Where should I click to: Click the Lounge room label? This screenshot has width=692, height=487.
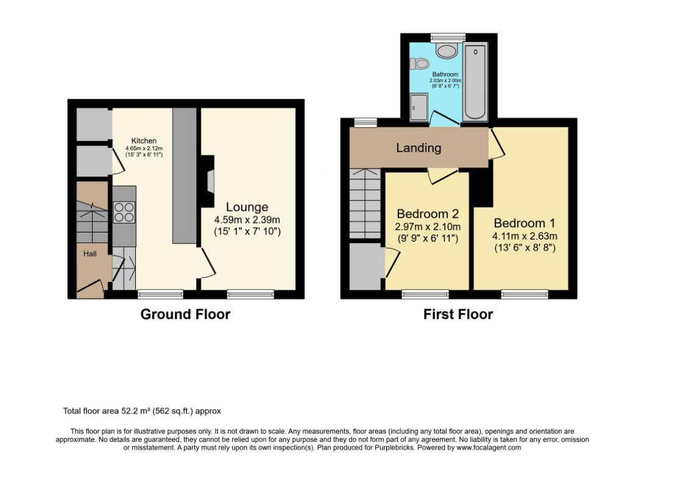tap(247, 208)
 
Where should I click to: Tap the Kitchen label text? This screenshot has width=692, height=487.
tap(144, 141)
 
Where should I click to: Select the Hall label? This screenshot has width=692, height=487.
tap(90, 254)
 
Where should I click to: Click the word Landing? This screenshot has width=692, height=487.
tap(418, 148)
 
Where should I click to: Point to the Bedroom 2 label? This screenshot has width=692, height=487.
tap(428, 214)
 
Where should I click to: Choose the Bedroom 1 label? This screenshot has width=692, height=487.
tap(524, 223)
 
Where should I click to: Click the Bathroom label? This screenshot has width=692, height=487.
tap(445, 74)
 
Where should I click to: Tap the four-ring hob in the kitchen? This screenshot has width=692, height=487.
tap(124, 212)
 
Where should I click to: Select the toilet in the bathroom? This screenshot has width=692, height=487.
tap(419, 63)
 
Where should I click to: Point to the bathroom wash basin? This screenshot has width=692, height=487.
tap(447, 51)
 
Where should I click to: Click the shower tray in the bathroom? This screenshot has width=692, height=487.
tap(419, 107)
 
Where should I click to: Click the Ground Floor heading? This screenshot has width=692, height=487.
tap(185, 314)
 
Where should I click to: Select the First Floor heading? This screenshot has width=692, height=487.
tap(458, 314)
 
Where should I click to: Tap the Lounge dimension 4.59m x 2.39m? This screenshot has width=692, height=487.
tap(247, 220)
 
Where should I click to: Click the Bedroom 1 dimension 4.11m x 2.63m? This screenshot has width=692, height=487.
tap(524, 236)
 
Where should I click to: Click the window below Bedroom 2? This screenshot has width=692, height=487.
tap(425, 294)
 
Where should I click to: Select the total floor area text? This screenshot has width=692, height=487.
tap(142, 411)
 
